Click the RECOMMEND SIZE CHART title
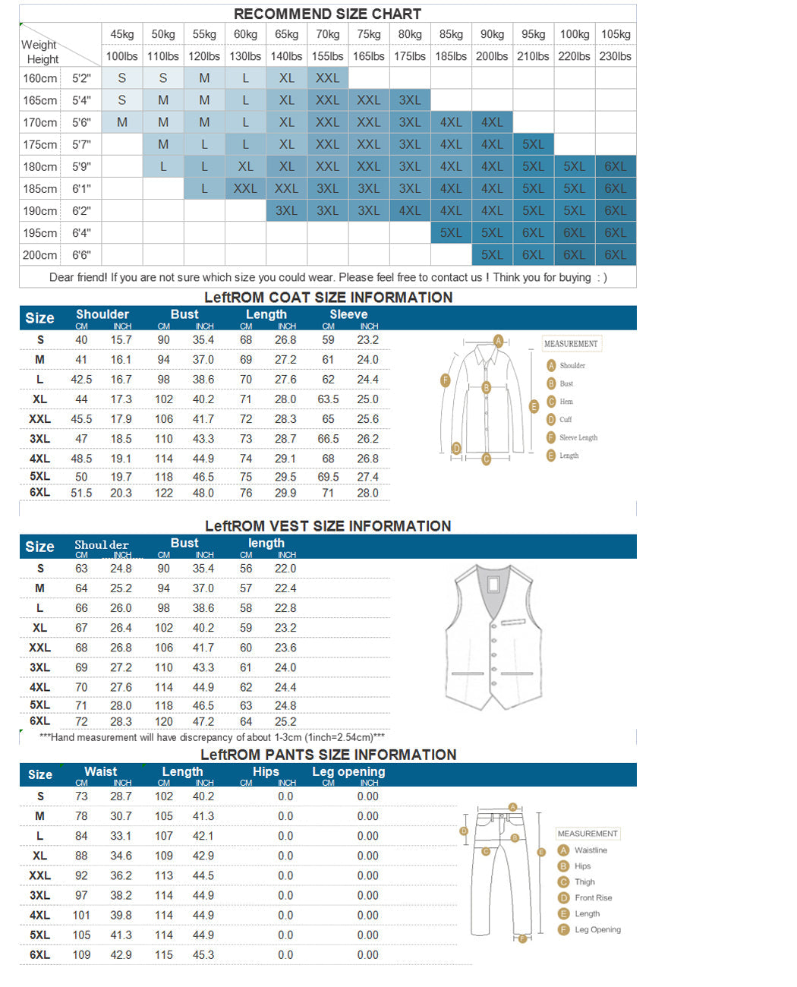[327, 14]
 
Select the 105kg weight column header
[616, 34]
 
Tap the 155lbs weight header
[328, 56]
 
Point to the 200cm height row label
[40, 255]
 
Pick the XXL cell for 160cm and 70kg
[328, 78]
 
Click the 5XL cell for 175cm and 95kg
[533, 144]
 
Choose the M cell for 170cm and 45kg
[122, 122]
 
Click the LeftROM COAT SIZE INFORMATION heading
[328, 298]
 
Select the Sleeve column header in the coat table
[348, 314]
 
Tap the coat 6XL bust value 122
[164, 493]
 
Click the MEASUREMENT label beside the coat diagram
[571, 344]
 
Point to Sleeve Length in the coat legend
[578, 438]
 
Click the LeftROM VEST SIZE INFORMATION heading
[328, 526]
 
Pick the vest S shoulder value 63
[81, 569]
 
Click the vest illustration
[494, 636]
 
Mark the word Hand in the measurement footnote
[63, 737]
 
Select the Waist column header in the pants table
[101, 771]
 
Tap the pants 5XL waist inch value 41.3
[121, 935]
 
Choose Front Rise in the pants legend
[593, 897]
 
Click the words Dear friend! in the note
[78, 277]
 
